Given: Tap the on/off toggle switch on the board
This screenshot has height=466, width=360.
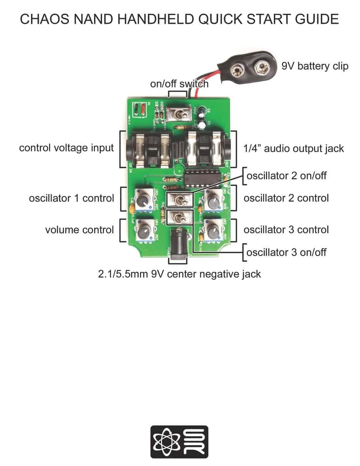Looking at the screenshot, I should point(179,114).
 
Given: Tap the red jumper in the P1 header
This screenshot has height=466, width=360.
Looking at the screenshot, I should point(143,110).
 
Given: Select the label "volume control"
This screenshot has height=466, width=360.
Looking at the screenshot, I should point(79,230).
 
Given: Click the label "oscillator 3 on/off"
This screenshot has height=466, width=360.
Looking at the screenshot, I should point(287,252).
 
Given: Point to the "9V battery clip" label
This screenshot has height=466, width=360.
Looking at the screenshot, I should point(315,66).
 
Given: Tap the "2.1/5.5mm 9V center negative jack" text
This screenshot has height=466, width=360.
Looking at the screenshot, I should point(179,274).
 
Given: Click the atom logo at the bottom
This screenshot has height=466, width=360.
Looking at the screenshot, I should point(165,442).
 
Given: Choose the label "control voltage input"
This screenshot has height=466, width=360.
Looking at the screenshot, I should point(66,148).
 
